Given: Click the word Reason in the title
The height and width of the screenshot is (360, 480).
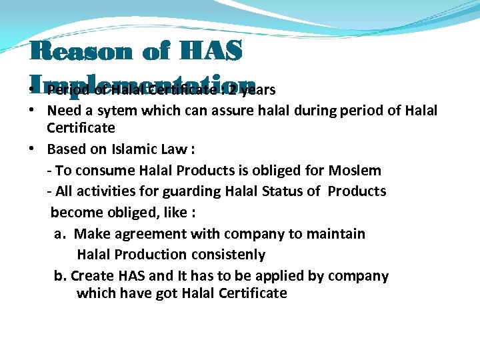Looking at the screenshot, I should pyautogui.click(x=73, y=51).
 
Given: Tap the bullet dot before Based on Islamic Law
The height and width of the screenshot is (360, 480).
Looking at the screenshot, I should pyautogui.click(x=32, y=149).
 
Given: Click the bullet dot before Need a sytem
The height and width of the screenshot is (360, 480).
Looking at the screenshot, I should pyautogui.click(x=32, y=110).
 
